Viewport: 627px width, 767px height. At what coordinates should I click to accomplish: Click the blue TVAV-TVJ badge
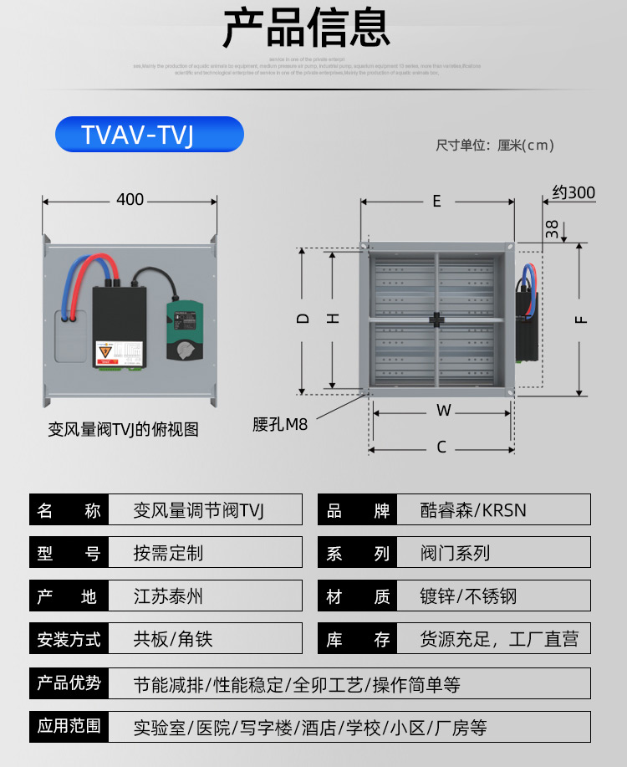pyautogui.click(x=149, y=135)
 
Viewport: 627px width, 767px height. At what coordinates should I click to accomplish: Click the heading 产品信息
pyautogui.click(x=306, y=28)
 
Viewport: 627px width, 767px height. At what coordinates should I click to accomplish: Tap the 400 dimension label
pyautogui.click(x=130, y=199)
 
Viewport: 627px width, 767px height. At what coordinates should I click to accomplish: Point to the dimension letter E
pyautogui.click(x=436, y=201)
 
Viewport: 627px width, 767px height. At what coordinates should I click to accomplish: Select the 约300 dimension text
pyautogui.click(x=573, y=193)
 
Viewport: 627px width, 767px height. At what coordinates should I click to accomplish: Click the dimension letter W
pyautogui.click(x=443, y=411)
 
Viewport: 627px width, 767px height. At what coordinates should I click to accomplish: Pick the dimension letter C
pyautogui.click(x=441, y=447)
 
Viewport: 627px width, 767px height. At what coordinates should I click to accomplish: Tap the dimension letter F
pyautogui.click(x=583, y=319)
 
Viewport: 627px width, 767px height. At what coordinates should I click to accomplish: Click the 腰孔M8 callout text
pyautogui.click(x=280, y=424)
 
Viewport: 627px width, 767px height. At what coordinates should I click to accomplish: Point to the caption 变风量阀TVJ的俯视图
pyautogui.click(x=123, y=429)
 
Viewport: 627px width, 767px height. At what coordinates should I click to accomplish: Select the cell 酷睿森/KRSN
pyautogui.click(x=473, y=510)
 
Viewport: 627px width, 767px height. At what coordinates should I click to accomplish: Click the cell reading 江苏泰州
pyautogui.click(x=168, y=596)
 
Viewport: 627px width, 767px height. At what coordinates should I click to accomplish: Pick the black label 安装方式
pyautogui.click(x=69, y=640)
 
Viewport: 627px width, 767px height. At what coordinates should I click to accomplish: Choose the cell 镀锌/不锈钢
pyautogui.click(x=468, y=596)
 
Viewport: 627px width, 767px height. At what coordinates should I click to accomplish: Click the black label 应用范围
pyautogui.click(x=69, y=726)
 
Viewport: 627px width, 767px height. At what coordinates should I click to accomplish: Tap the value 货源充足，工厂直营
pyautogui.click(x=499, y=640)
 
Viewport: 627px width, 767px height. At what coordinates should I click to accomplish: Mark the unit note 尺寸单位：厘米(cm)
pyautogui.click(x=495, y=146)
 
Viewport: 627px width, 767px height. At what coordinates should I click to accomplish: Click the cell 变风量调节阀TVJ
pyautogui.click(x=198, y=510)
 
